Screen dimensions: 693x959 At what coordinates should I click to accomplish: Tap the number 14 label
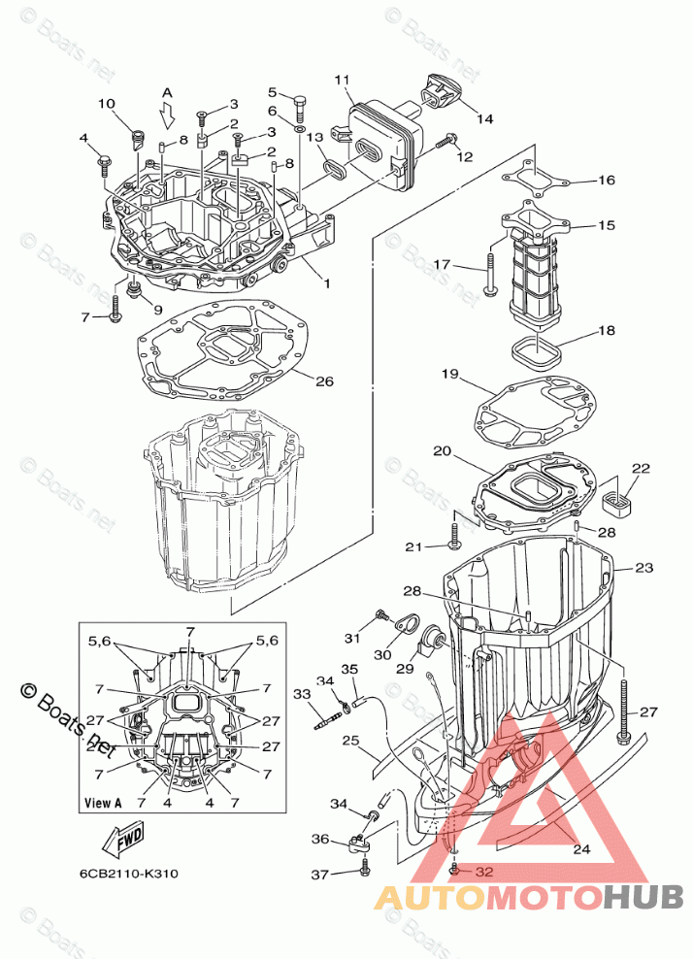pos(484,119)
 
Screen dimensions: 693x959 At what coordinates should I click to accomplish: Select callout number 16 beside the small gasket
pos(606,180)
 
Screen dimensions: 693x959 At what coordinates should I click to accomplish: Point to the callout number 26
pos(323,380)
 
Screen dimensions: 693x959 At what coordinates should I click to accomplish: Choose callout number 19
pos(449,374)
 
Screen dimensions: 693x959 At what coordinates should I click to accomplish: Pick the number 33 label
pos(302,693)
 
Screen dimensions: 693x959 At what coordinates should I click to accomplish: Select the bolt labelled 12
pos(442,142)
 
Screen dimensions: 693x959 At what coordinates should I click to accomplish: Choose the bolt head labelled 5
pos(300,99)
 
